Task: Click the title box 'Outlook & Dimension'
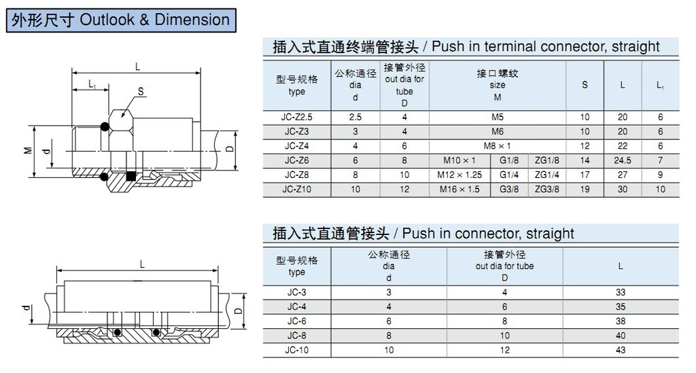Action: point(121,20)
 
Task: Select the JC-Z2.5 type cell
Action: point(296,117)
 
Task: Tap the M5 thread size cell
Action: point(497,117)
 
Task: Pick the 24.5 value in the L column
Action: point(623,160)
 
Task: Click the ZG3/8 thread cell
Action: point(547,189)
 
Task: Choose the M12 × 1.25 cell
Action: point(459,175)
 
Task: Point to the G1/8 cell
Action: point(508,160)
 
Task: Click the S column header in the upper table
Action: point(585,85)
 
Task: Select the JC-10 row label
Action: point(296,350)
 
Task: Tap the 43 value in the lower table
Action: point(621,350)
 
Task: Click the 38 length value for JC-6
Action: point(621,321)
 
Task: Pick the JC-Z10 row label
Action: point(296,189)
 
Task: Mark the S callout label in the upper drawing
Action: point(141,91)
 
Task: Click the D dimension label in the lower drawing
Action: point(239,310)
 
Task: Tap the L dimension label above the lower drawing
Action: point(142,264)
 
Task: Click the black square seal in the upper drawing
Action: point(130,176)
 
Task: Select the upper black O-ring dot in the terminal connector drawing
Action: point(104,126)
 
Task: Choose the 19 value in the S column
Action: point(585,189)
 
